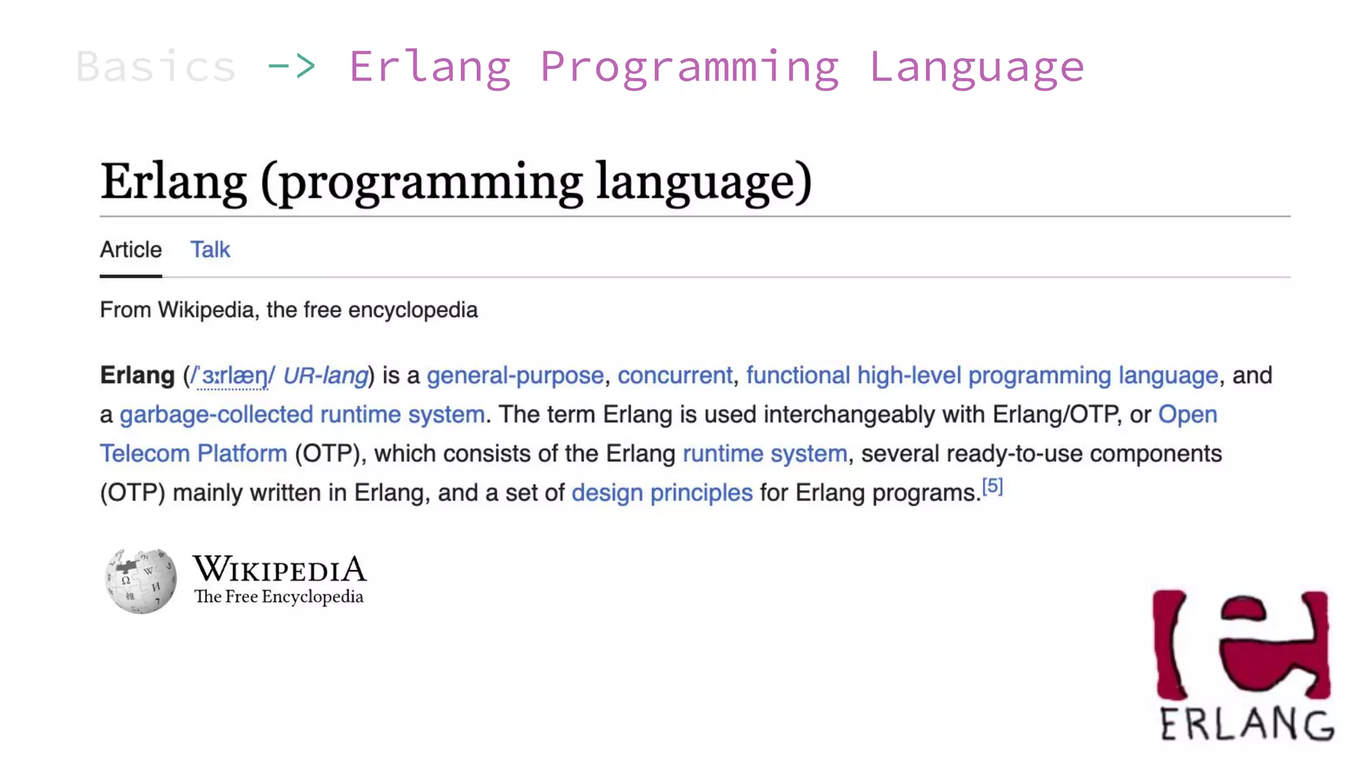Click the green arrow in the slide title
[x=291, y=65]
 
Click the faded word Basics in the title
[x=156, y=67]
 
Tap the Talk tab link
[x=210, y=250]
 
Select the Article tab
[x=131, y=250]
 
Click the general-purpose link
[x=515, y=376]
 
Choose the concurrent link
[x=675, y=376]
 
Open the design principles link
[x=662, y=493]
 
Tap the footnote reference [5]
[x=993, y=486]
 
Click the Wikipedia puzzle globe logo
[x=141, y=580]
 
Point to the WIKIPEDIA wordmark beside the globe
[x=280, y=569]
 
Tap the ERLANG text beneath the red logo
[x=1246, y=724]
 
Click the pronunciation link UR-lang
[x=325, y=376]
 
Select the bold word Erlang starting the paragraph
[x=137, y=376]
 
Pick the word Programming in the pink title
[x=689, y=67]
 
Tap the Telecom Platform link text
[x=194, y=454]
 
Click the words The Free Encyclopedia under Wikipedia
[x=279, y=597]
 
